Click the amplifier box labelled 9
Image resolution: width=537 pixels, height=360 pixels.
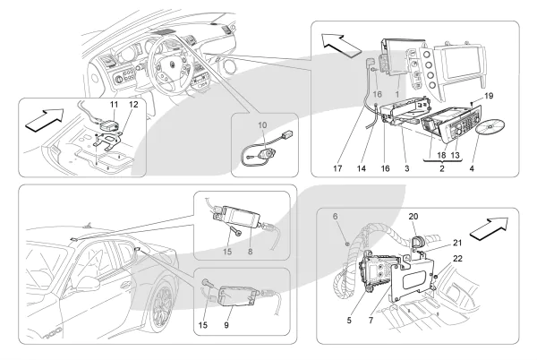231,287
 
